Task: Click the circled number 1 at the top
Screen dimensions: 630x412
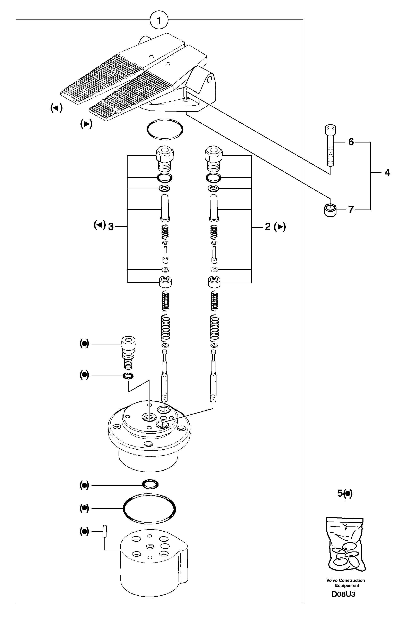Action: (x=159, y=20)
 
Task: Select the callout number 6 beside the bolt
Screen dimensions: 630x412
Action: (x=351, y=142)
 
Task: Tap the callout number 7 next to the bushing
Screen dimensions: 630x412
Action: (x=351, y=210)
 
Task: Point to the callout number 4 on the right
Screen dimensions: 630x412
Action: (x=387, y=173)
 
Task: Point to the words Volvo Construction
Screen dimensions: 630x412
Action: (x=345, y=580)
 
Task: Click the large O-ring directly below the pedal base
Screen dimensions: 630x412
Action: (x=165, y=129)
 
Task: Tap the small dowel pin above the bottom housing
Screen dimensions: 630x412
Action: (x=105, y=531)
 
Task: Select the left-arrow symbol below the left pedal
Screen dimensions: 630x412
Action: (x=56, y=108)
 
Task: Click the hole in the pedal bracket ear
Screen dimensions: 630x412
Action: (x=210, y=79)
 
